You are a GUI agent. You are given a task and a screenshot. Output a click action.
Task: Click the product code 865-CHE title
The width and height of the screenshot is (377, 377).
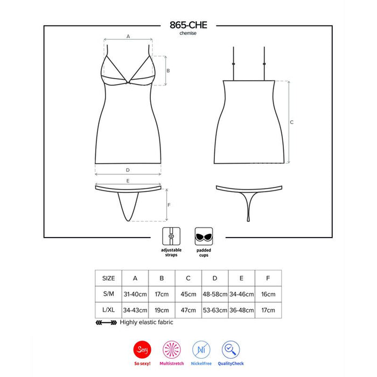click(x=188, y=25)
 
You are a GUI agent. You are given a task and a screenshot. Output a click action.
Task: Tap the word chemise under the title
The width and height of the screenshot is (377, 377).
click(x=188, y=33)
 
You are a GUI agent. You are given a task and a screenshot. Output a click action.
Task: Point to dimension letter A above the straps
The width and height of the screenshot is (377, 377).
click(x=128, y=36)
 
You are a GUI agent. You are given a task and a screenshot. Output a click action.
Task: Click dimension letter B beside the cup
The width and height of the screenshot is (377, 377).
click(x=168, y=71)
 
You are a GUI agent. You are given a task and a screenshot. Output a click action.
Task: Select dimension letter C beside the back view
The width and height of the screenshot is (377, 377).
click(x=291, y=122)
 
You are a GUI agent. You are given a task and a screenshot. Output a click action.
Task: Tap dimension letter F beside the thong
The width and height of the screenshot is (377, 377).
click(x=169, y=205)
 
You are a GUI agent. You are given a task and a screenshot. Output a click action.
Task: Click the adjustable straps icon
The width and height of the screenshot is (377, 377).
click(x=171, y=235)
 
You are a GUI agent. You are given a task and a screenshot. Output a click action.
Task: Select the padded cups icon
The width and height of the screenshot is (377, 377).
click(x=203, y=235)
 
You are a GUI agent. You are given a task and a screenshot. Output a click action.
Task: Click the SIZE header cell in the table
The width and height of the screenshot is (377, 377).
click(x=108, y=278)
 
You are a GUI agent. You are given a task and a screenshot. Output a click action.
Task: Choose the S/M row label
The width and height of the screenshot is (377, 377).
click(x=108, y=295)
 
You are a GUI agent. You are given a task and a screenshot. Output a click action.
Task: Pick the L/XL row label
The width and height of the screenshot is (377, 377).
click(x=108, y=311)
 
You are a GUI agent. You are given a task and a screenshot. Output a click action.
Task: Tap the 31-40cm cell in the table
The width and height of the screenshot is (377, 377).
click(x=135, y=295)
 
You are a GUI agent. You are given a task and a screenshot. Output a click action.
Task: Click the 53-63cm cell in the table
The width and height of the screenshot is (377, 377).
click(x=215, y=311)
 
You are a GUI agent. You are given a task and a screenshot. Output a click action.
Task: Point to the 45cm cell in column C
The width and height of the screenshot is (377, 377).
click(x=188, y=295)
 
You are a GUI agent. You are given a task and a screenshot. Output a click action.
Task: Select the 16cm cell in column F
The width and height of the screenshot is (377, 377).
click(x=268, y=295)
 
